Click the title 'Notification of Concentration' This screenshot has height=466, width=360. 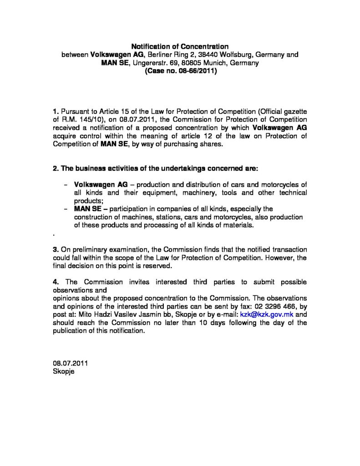click(179, 46)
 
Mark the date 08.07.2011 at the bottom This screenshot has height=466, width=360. click(71, 364)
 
